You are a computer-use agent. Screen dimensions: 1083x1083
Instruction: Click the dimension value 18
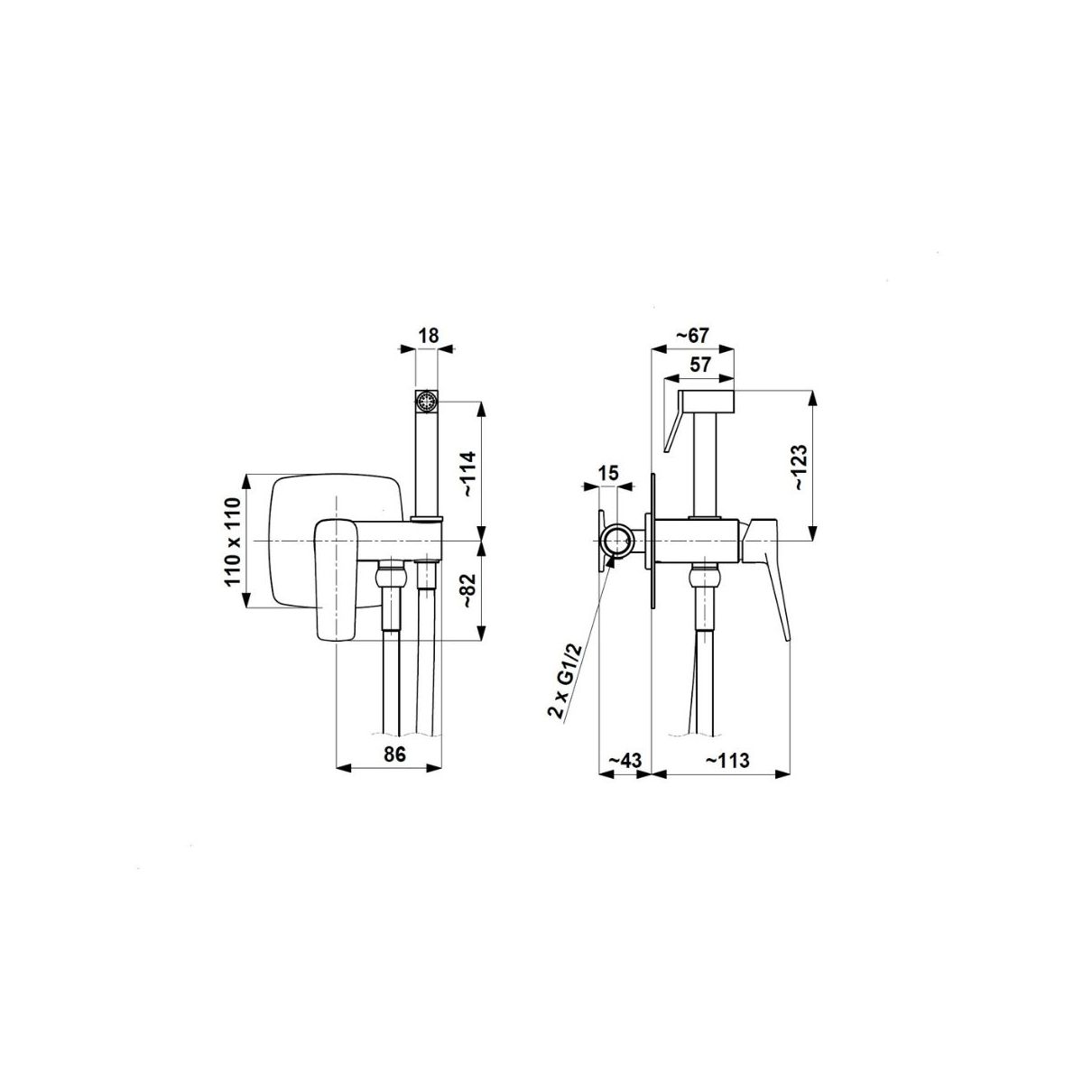pyautogui.click(x=429, y=336)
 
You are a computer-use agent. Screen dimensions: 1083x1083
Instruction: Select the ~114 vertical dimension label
pyautogui.click(x=468, y=473)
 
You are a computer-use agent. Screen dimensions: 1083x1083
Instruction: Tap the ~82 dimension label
pyautogui.click(x=468, y=592)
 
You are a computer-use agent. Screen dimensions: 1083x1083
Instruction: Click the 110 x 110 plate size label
pyautogui.click(x=233, y=542)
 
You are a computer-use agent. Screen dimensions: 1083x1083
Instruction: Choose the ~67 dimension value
pyautogui.click(x=692, y=336)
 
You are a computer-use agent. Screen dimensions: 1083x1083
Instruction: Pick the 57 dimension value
pyautogui.click(x=699, y=365)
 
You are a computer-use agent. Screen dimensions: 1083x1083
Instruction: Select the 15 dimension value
pyautogui.click(x=608, y=473)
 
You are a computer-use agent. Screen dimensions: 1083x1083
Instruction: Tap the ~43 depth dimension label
pyautogui.click(x=625, y=761)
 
